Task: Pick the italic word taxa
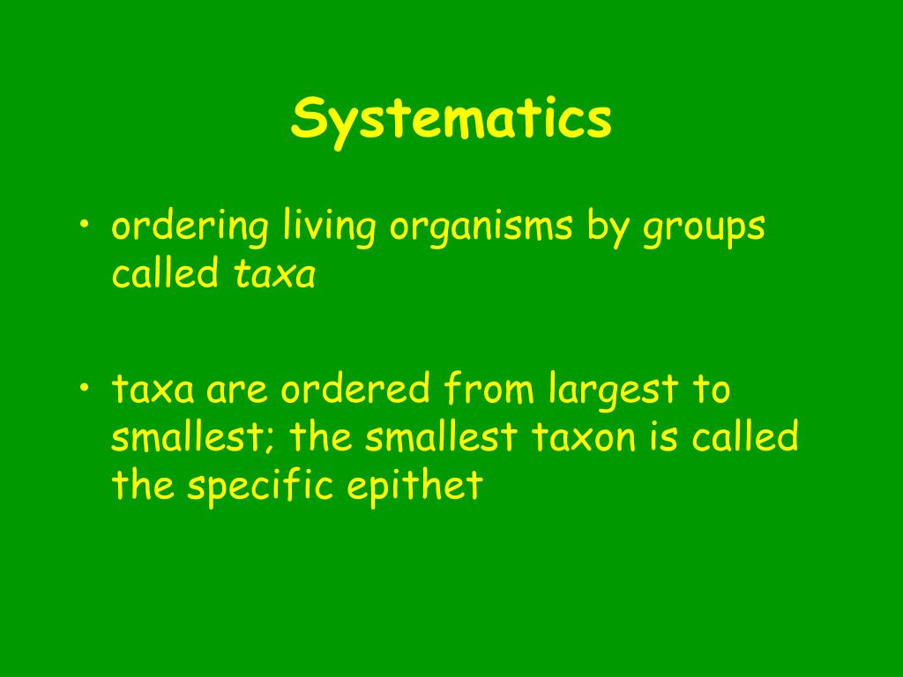pyautogui.click(x=274, y=276)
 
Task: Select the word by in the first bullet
pyautogui.click(x=606, y=228)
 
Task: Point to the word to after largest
pyautogui.click(x=711, y=390)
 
